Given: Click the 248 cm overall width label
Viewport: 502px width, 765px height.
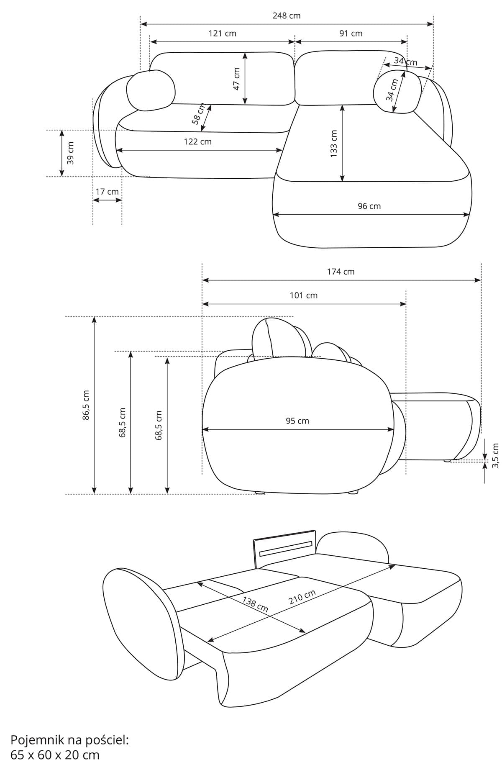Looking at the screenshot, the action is click(x=287, y=16).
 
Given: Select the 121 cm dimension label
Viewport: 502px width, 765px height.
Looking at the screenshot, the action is click(x=223, y=33).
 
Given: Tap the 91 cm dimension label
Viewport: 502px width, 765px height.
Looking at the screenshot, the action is click(x=351, y=33).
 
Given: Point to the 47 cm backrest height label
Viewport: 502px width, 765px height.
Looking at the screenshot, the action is click(x=237, y=79).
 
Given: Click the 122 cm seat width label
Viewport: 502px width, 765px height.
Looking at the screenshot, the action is click(x=198, y=141).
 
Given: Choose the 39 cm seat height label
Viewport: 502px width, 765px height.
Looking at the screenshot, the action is click(x=70, y=153).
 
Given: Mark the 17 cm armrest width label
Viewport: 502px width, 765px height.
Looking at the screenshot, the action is click(x=107, y=192).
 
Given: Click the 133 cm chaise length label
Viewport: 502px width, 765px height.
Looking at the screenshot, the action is click(x=333, y=144).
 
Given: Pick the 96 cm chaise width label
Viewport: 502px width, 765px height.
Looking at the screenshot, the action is click(x=369, y=206).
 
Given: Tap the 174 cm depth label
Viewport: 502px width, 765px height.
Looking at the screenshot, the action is click(x=341, y=272).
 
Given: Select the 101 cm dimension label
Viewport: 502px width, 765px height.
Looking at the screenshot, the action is click(x=304, y=295).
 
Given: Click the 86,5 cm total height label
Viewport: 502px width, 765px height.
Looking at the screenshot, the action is click(x=86, y=405).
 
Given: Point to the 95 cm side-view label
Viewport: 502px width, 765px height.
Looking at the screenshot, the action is click(x=297, y=421).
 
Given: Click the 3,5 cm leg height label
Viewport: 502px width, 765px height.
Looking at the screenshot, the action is click(x=496, y=455).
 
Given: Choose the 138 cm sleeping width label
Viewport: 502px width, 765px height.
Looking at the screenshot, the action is click(x=255, y=604).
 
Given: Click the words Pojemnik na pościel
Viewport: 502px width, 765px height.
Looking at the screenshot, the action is click(x=69, y=740).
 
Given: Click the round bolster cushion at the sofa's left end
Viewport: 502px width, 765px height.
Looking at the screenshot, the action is click(x=151, y=91).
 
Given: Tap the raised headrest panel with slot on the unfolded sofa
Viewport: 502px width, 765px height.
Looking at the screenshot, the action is click(x=284, y=548).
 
